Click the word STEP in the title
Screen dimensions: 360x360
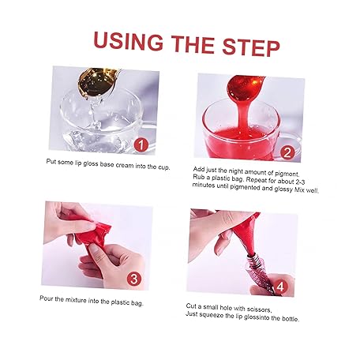coord(251,47)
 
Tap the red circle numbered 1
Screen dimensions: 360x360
coord(141,145)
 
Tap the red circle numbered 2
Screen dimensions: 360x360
coord(287,153)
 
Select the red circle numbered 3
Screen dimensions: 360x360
coord(134,279)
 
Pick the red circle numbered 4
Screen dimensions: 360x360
coord(280,287)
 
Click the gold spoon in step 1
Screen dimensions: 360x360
coord(97,82)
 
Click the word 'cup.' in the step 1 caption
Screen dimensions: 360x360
coord(163,167)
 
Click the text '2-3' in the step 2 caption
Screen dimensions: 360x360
coord(300,182)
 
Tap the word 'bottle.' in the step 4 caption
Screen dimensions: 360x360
coord(291,318)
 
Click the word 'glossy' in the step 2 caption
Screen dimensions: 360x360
coord(283,189)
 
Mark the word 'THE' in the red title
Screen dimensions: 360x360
coord(193,44)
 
